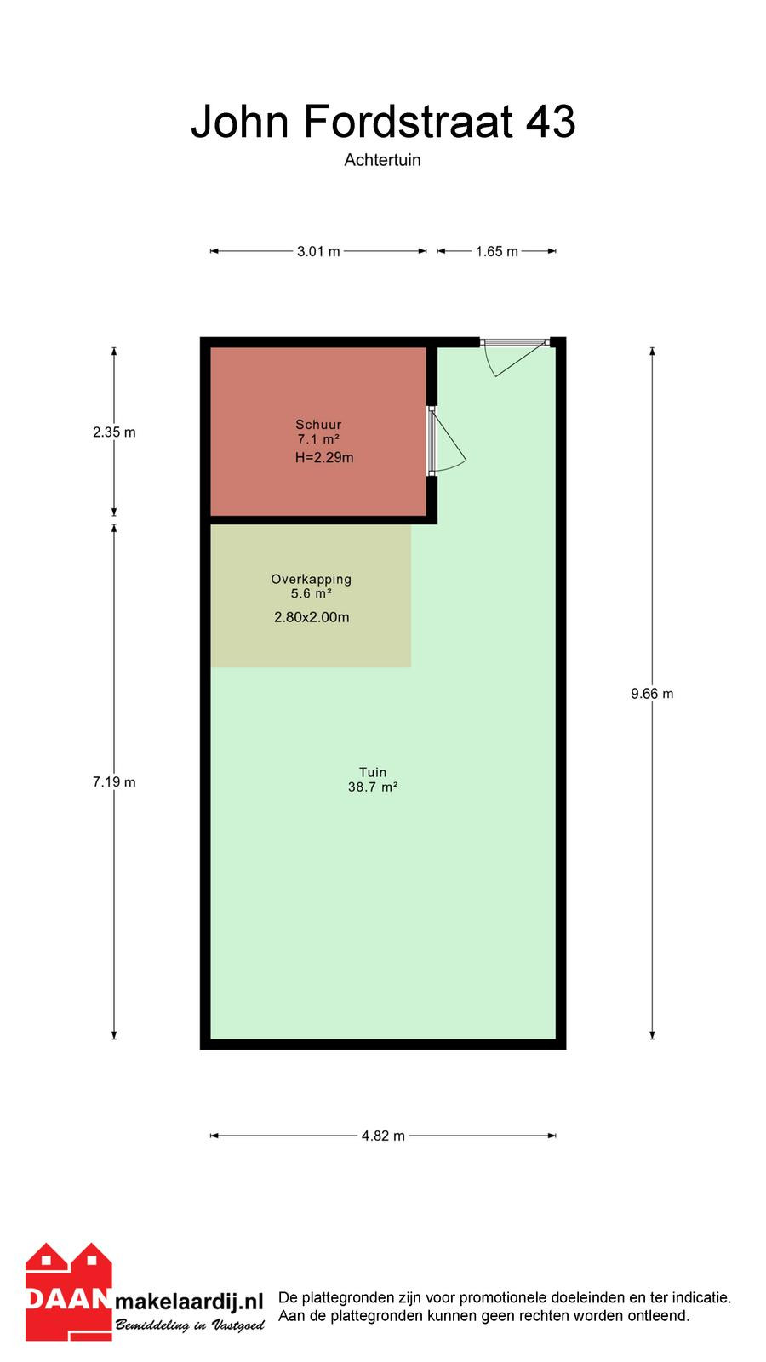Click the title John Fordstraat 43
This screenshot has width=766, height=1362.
(x=383, y=122)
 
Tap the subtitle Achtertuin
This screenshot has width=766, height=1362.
(x=382, y=160)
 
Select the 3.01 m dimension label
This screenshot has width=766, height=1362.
(x=318, y=251)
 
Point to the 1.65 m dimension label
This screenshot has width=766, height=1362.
(x=497, y=251)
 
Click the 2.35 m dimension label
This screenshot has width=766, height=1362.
(x=114, y=432)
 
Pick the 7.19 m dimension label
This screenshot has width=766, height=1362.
(x=114, y=782)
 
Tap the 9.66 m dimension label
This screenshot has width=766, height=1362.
(x=652, y=694)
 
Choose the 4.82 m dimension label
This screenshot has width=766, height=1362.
(x=383, y=1136)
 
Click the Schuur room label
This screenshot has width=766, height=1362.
(x=318, y=425)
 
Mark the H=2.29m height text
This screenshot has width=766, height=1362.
(x=324, y=458)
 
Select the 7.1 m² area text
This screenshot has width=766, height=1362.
(x=318, y=439)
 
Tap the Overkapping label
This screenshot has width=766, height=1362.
(x=312, y=580)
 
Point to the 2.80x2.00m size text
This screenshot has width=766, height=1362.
(x=312, y=618)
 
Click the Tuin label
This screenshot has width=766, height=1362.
(x=373, y=772)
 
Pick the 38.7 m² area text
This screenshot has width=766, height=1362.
(x=373, y=787)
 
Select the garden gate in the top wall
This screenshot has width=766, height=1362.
(x=515, y=356)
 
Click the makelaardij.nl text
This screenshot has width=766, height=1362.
(x=189, y=1302)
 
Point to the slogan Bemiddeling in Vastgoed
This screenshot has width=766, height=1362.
(x=191, y=1325)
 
